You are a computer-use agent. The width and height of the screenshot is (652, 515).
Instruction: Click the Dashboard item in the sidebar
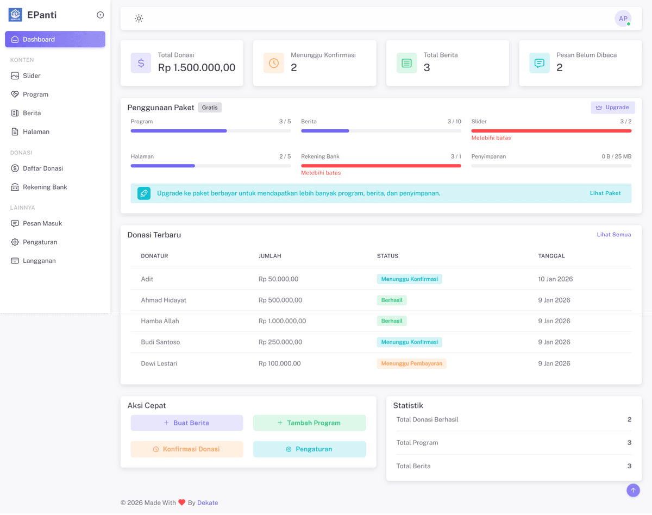click(54, 39)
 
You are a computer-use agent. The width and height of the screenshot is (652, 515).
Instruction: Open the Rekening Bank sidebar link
click(45, 187)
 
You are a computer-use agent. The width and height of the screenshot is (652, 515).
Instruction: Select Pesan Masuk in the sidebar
click(42, 223)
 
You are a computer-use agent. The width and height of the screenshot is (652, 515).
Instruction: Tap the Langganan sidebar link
click(39, 261)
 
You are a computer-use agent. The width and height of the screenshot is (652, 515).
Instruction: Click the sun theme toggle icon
click(139, 19)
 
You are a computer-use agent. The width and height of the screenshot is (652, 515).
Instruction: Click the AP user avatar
click(623, 19)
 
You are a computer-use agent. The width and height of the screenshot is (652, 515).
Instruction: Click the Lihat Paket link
click(605, 193)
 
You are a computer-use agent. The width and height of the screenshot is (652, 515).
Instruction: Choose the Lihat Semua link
click(614, 235)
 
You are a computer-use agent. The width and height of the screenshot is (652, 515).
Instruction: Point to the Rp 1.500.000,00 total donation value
click(197, 68)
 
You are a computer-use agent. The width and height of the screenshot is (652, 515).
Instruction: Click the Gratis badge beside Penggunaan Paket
click(210, 108)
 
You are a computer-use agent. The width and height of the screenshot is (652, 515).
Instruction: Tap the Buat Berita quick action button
click(187, 423)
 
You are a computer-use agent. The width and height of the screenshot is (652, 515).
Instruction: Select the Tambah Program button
click(310, 423)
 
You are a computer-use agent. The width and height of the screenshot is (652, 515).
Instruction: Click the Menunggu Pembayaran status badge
click(411, 363)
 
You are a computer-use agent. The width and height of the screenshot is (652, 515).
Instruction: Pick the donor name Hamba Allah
click(160, 321)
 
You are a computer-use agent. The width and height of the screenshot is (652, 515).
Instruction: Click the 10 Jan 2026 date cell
click(555, 279)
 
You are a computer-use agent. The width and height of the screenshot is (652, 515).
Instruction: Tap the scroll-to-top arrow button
click(633, 491)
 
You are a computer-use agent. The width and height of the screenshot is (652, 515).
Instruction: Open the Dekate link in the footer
click(208, 503)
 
